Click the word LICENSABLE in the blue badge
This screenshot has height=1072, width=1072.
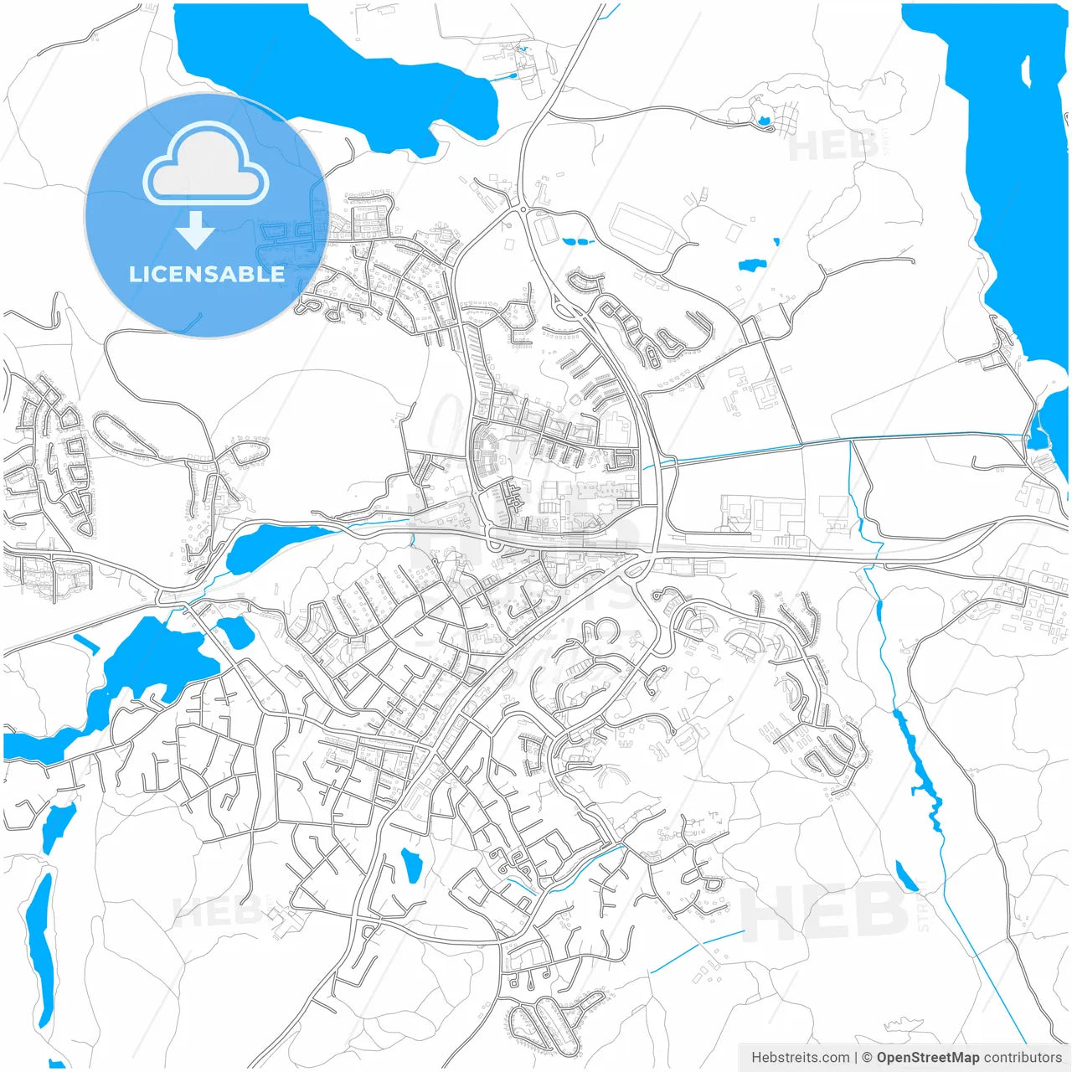pos(206,274)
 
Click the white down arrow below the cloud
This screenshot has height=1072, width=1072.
pos(195,230)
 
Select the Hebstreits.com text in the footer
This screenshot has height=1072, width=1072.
pos(800,1058)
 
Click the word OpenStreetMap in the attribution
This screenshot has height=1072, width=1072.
pos(927,1058)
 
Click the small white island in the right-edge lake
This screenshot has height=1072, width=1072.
pos(1027,71)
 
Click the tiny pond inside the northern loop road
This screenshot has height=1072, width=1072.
pos(763,121)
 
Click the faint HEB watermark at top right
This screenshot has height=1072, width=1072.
pos(833,147)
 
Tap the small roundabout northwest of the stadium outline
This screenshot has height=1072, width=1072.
pos(522,209)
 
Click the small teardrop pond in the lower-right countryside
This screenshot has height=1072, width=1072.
pos(905,876)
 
